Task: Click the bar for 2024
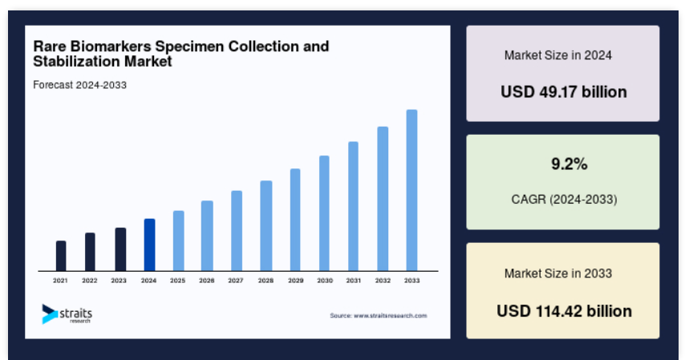(149, 245)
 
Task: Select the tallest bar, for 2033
(411, 191)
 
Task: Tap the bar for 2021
(61, 256)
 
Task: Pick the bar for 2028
(266, 226)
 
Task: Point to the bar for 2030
(324, 213)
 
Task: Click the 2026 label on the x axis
(207, 281)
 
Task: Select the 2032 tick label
(383, 281)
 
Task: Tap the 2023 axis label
(119, 281)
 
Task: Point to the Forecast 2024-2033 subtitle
(80, 85)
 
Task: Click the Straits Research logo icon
(50, 314)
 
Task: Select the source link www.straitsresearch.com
(390, 315)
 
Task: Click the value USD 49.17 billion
(564, 91)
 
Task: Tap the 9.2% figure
(569, 164)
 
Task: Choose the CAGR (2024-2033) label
(564, 199)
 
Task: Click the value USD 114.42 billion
(564, 311)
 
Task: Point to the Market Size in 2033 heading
(558, 273)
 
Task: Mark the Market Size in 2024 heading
(558, 55)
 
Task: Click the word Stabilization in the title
(76, 61)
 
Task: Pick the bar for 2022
(90, 252)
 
